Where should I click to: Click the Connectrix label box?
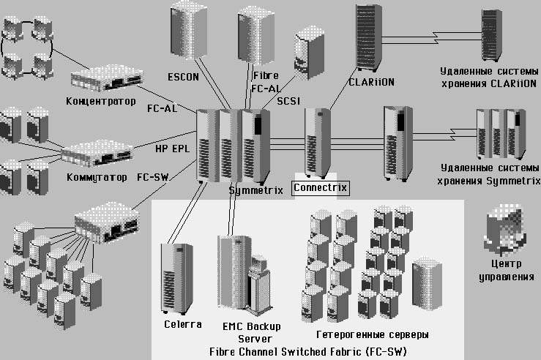(321, 188)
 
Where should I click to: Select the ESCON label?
(182, 76)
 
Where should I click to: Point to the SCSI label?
(289, 100)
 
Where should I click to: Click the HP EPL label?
(173, 149)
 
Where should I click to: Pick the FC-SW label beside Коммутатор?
(153, 177)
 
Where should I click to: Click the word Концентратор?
(101, 100)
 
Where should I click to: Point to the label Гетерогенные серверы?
(373, 334)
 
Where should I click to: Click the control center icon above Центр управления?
(506, 229)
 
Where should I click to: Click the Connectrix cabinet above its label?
(318, 141)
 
